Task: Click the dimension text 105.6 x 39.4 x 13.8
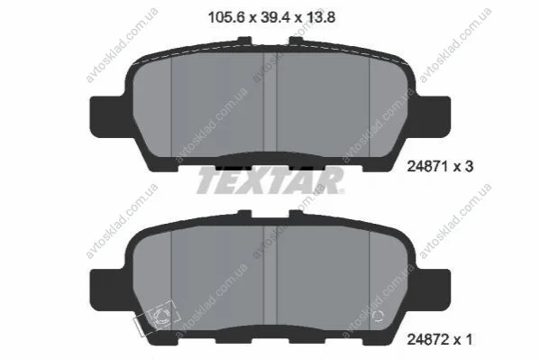271,17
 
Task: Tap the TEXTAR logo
270,180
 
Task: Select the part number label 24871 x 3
440,167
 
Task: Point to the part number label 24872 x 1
439,339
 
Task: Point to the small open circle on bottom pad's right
378,316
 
